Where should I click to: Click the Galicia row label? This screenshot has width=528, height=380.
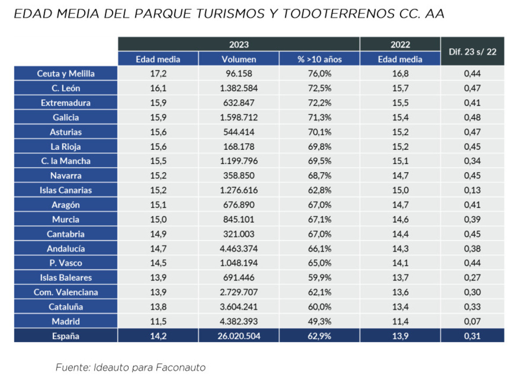click(66, 117)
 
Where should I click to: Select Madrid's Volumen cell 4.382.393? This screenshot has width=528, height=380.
click(239, 321)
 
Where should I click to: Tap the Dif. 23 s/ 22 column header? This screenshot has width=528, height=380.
click(472, 51)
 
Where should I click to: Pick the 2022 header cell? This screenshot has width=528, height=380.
click(400, 44)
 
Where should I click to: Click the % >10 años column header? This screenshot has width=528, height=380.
click(319, 59)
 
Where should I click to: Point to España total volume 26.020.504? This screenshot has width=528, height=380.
click(239, 336)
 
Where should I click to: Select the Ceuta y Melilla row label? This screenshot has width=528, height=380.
click(66, 73)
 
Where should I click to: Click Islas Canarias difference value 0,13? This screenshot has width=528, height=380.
click(472, 190)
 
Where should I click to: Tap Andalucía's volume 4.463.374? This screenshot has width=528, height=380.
click(239, 248)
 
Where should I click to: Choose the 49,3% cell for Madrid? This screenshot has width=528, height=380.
click(319, 321)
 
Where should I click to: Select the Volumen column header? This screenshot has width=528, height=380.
click(239, 59)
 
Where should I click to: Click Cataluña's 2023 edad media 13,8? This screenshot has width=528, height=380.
click(158, 307)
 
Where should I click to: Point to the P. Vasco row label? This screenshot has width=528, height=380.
click(66, 263)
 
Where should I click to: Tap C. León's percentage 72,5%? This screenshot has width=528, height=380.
click(319, 88)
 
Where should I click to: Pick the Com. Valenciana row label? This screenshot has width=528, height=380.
click(66, 292)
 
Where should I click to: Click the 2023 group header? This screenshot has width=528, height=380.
click(239, 44)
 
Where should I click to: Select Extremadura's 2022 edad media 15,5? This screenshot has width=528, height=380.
click(400, 103)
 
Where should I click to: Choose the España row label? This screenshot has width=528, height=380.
click(66, 336)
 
